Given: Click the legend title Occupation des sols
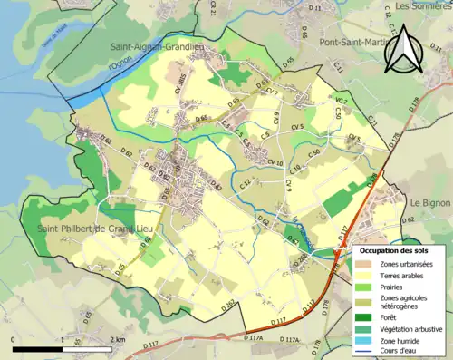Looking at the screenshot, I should click(395, 249).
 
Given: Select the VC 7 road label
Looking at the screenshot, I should click(342, 100).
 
